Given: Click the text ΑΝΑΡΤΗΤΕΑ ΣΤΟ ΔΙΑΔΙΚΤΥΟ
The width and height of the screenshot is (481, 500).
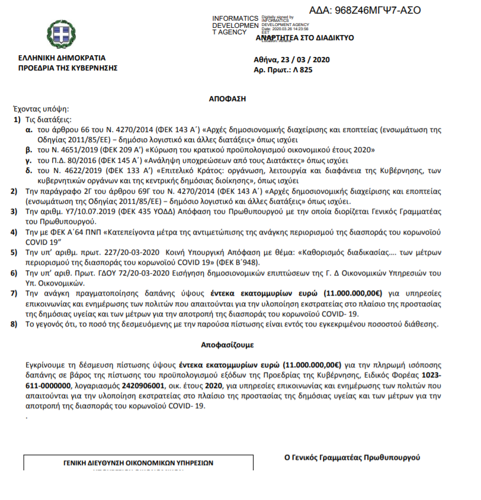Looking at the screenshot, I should [x=304, y=37].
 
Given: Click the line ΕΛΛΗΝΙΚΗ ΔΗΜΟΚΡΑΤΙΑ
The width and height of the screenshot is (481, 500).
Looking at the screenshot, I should [x=62, y=59].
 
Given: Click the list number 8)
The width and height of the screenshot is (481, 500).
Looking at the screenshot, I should [x=15, y=324].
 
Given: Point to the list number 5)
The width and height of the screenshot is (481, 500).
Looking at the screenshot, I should [x=15, y=252].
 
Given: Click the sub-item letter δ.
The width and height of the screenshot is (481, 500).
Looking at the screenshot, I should [x=28, y=171].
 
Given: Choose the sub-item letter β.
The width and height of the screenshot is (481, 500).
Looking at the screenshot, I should [x=28, y=150].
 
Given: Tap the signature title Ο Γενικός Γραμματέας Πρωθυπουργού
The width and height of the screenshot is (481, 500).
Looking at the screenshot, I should [x=352, y=457].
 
